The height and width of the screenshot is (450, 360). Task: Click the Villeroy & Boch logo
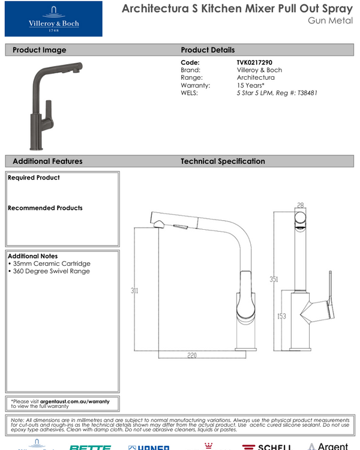tap(53, 19)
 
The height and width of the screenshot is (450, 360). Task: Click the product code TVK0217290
tap(259, 62)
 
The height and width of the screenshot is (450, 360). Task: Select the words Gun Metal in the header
tap(329, 20)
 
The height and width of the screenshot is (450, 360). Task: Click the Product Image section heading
tap(40, 50)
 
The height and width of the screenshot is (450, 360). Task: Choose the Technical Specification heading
tap(223, 161)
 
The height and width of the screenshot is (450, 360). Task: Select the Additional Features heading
tap(47, 161)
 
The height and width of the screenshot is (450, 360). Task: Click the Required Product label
tap(34, 178)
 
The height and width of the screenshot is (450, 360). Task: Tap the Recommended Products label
tap(45, 208)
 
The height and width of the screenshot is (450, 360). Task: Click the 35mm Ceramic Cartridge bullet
tap(50, 264)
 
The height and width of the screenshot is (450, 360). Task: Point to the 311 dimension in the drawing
tap(135, 291)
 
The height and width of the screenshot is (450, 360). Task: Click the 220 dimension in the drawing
tap(192, 356)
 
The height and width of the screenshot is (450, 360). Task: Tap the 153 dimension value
tap(281, 316)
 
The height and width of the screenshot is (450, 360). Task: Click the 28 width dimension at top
tap(300, 205)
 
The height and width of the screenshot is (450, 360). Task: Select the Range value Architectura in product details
tap(256, 78)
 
